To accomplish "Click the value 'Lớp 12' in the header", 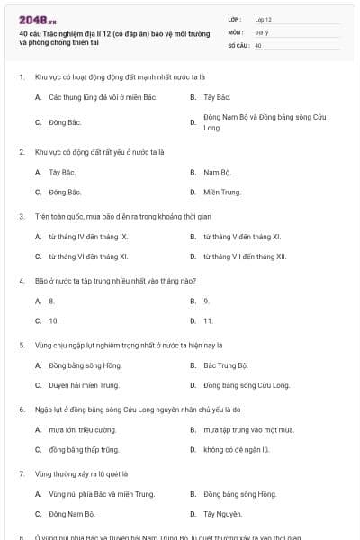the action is pos(264,18).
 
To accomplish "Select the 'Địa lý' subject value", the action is pos(261,31).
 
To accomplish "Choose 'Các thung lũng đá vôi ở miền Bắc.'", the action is pos(99,96).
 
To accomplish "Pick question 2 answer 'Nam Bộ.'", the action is pos(218,172).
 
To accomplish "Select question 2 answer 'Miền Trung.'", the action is pos(222,192).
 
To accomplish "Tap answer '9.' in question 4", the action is pos(206,301).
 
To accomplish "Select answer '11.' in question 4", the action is pos(208,320).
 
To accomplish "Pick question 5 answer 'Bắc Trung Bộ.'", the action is pos(225,365).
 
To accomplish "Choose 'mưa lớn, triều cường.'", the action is pos(83,430).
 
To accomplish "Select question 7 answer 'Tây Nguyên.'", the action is pos(222,514).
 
